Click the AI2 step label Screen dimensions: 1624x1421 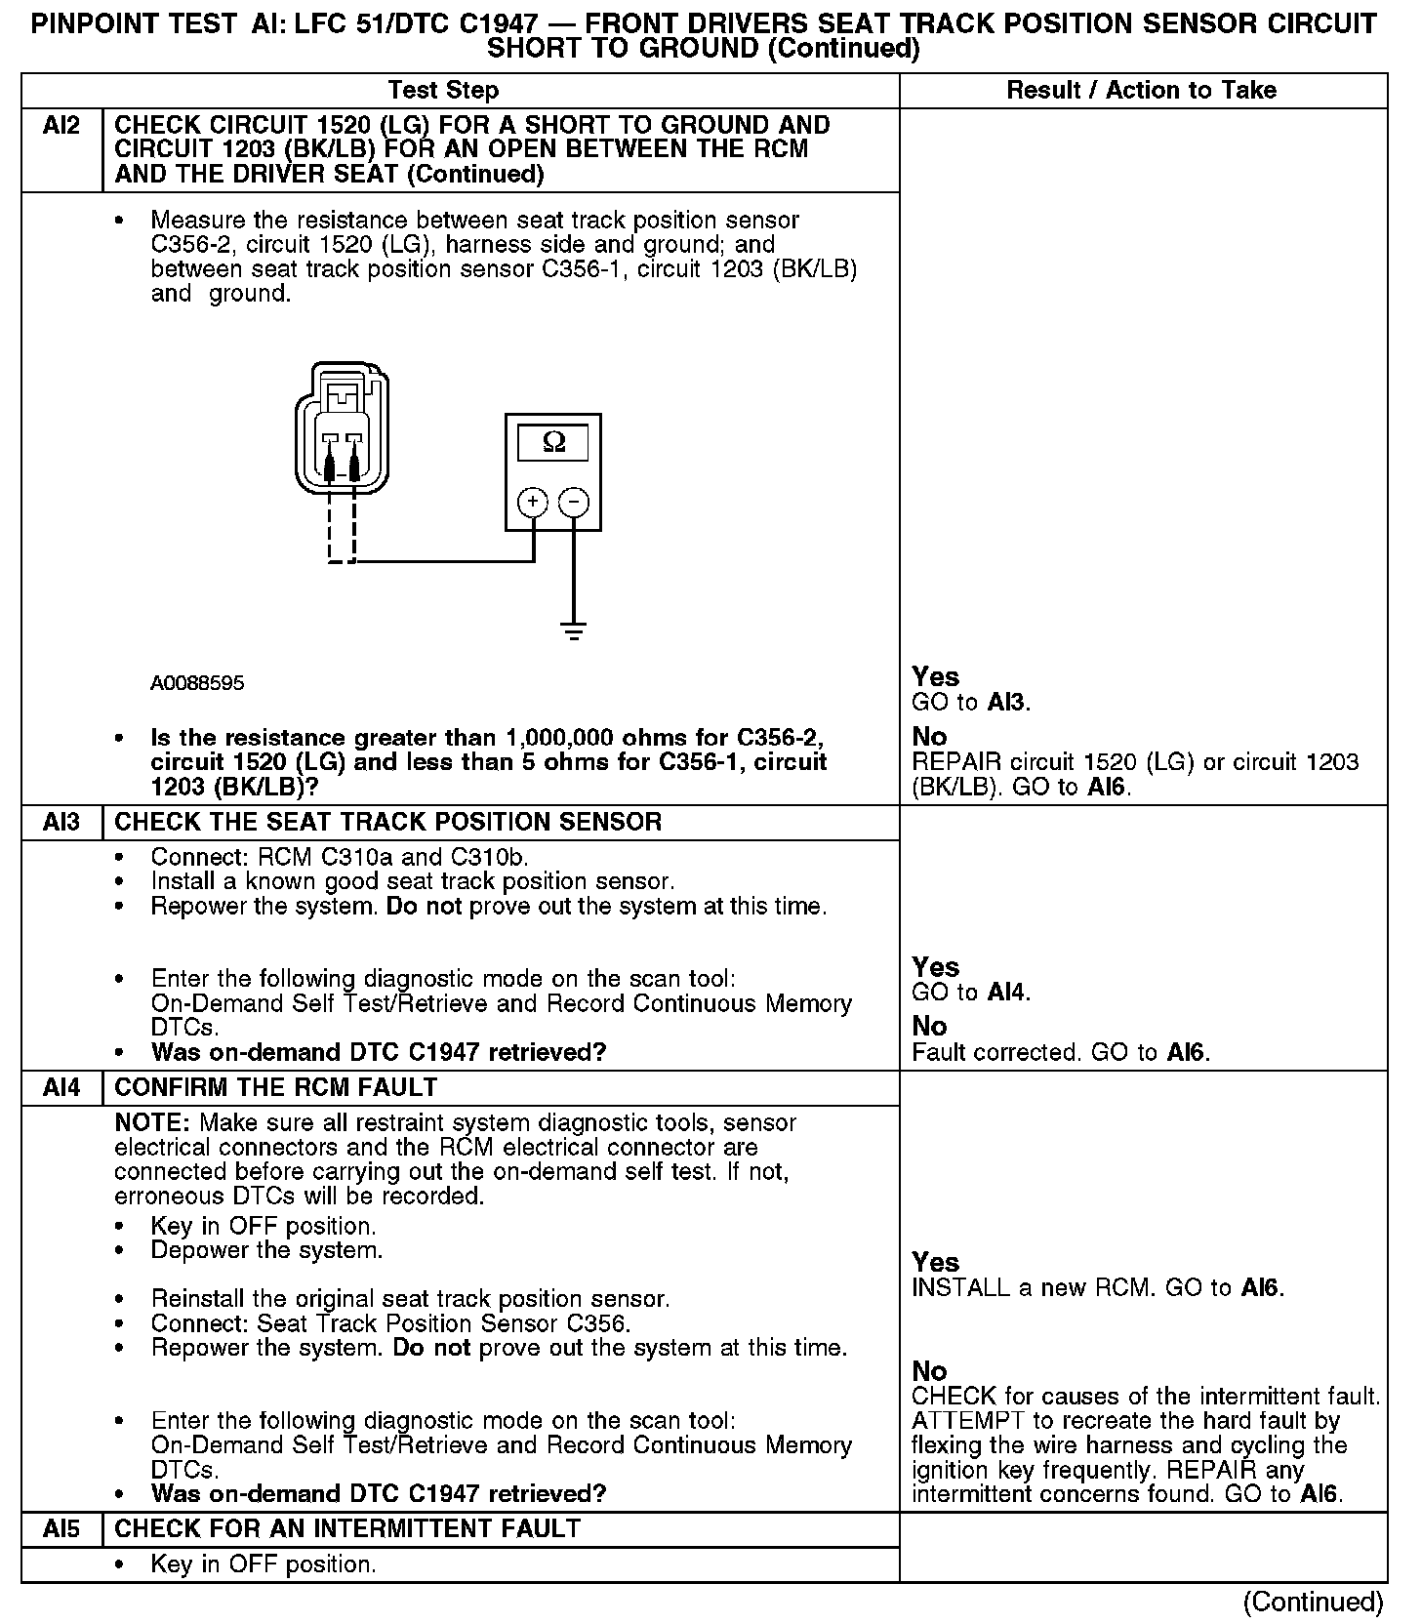(x=61, y=126)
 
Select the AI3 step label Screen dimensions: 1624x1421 (x=61, y=822)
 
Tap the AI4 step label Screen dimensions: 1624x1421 (x=61, y=1087)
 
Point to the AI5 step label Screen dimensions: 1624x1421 (x=61, y=1528)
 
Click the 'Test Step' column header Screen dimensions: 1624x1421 (x=443, y=90)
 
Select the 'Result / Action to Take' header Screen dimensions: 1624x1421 (x=1141, y=90)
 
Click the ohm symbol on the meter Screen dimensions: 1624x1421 (x=552, y=443)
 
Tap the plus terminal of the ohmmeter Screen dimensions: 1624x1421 (x=532, y=502)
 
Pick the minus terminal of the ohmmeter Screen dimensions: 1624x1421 (x=574, y=502)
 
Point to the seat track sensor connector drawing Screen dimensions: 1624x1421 (x=342, y=429)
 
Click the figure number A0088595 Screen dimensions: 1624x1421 (x=197, y=683)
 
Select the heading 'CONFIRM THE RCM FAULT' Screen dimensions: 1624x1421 (x=276, y=1087)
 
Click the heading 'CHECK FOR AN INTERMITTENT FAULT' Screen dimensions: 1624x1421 (x=347, y=1528)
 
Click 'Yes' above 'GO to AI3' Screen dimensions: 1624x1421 (x=935, y=676)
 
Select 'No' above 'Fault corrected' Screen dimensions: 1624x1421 (x=929, y=1026)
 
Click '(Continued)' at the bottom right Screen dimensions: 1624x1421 (x=1313, y=1602)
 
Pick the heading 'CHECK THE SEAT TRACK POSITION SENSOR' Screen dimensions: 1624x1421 (x=387, y=822)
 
